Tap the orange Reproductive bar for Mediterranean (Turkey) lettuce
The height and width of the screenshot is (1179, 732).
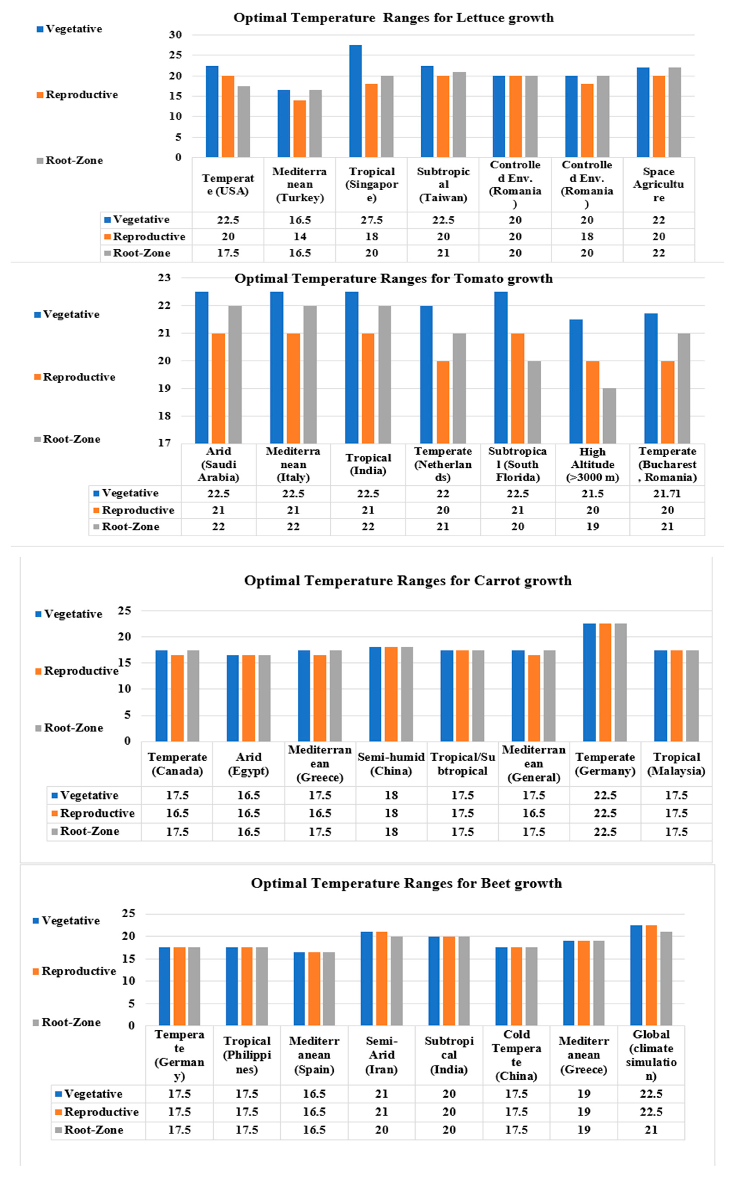click(300, 128)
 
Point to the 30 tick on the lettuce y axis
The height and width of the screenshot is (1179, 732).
click(175, 35)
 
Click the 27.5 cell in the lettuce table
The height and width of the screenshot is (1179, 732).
click(371, 220)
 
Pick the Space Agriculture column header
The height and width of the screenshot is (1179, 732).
click(658, 184)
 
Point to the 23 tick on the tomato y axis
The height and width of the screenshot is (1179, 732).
click(164, 278)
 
